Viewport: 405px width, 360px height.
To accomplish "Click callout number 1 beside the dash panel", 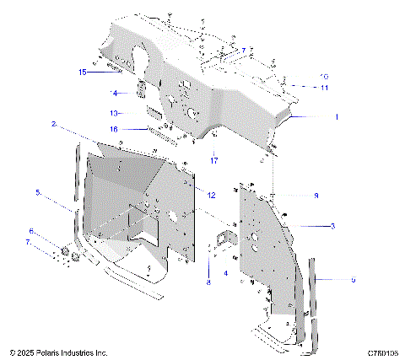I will click(335, 116).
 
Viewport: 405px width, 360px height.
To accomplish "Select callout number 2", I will click(54, 124).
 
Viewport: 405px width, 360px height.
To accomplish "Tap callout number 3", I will click(332, 226).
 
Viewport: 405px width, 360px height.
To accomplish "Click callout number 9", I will click(353, 279).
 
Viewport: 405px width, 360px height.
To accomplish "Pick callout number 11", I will click(325, 88).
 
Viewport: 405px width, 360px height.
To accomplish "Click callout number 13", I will click(114, 112).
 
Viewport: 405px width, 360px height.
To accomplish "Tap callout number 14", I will click(114, 93).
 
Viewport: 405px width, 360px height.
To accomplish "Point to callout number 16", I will click(114, 128).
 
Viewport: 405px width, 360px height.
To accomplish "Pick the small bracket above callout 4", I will click(225, 238).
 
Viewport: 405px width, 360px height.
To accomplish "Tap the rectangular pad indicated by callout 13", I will click(154, 111).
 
